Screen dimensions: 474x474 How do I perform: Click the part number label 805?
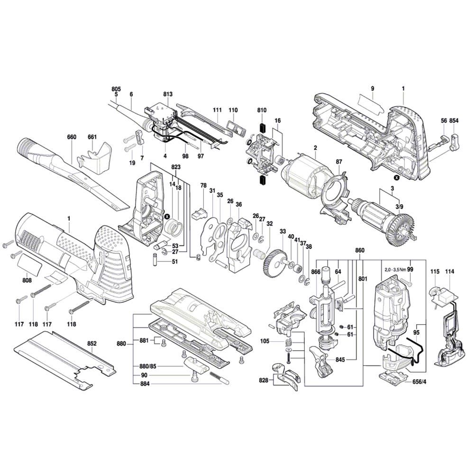pos(116,89)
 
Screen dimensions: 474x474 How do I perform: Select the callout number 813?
pos(168,94)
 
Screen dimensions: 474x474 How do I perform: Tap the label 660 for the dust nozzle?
pos(72,137)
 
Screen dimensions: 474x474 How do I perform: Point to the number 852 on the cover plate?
pos(92,343)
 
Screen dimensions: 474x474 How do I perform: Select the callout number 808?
pos(27,280)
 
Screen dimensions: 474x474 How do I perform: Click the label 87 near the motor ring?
pos(339,162)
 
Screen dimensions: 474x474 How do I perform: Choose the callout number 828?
pos(264,381)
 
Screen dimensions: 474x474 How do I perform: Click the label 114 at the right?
pos(449,272)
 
